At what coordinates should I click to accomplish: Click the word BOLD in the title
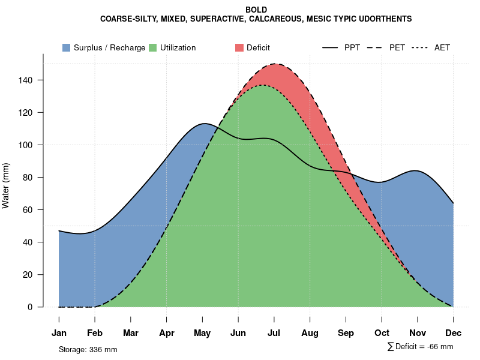tap(256, 10)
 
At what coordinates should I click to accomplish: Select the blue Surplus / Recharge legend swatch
tap(66, 47)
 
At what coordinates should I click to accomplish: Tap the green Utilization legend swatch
tap(152, 47)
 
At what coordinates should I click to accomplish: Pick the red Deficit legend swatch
tap(239, 47)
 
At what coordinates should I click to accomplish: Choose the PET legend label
tap(397, 47)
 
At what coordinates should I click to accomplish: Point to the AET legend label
tap(442, 47)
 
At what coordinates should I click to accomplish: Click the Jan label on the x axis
tap(59, 333)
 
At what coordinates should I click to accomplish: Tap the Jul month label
tap(274, 333)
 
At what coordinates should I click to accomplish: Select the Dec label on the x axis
tap(454, 333)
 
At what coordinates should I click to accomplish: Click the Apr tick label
tap(167, 333)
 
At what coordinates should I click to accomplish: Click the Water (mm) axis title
tap(7, 185)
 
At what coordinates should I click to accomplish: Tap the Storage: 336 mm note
tap(88, 349)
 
